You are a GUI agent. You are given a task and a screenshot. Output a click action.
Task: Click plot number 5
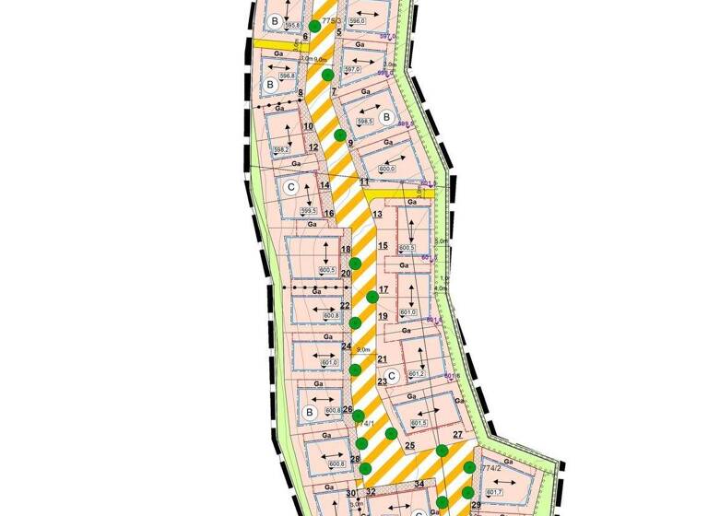pyautogui.click(x=339, y=32)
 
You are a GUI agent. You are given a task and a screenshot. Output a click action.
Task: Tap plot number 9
pyautogui.click(x=351, y=143)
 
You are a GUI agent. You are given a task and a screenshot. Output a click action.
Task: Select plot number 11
pyautogui.click(x=364, y=182)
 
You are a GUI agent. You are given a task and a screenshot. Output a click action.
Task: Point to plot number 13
pyautogui.click(x=376, y=215)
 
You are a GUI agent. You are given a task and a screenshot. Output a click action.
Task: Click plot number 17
pyautogui.click(x=383, y=289)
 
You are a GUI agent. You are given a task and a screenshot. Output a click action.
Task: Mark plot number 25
pyautogui.click(x=409, y=446)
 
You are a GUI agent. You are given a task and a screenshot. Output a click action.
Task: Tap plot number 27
pyautogui.click(x=457, y=434)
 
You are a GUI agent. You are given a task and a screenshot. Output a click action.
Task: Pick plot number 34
pyautogui.click(x=419, y=484)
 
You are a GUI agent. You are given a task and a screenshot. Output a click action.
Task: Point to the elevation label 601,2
pyautogui.click(x=415, y=374)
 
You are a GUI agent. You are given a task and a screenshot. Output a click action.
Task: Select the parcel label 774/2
pyautogui.click(x=490, y=468)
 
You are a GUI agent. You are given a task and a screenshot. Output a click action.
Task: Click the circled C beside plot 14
pyautogui.click(x=291, y=187)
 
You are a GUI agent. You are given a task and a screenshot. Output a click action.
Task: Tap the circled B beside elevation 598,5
pyautogui.click(x=386, y=117)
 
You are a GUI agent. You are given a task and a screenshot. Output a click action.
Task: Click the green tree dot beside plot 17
pyautogui.click(x=372, y=296)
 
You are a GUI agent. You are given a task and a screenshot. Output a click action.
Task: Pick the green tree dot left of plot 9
pyautogui.click(x=339, y=135)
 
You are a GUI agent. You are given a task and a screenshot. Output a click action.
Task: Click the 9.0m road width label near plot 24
pyautogui.click(x=363, y=349)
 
